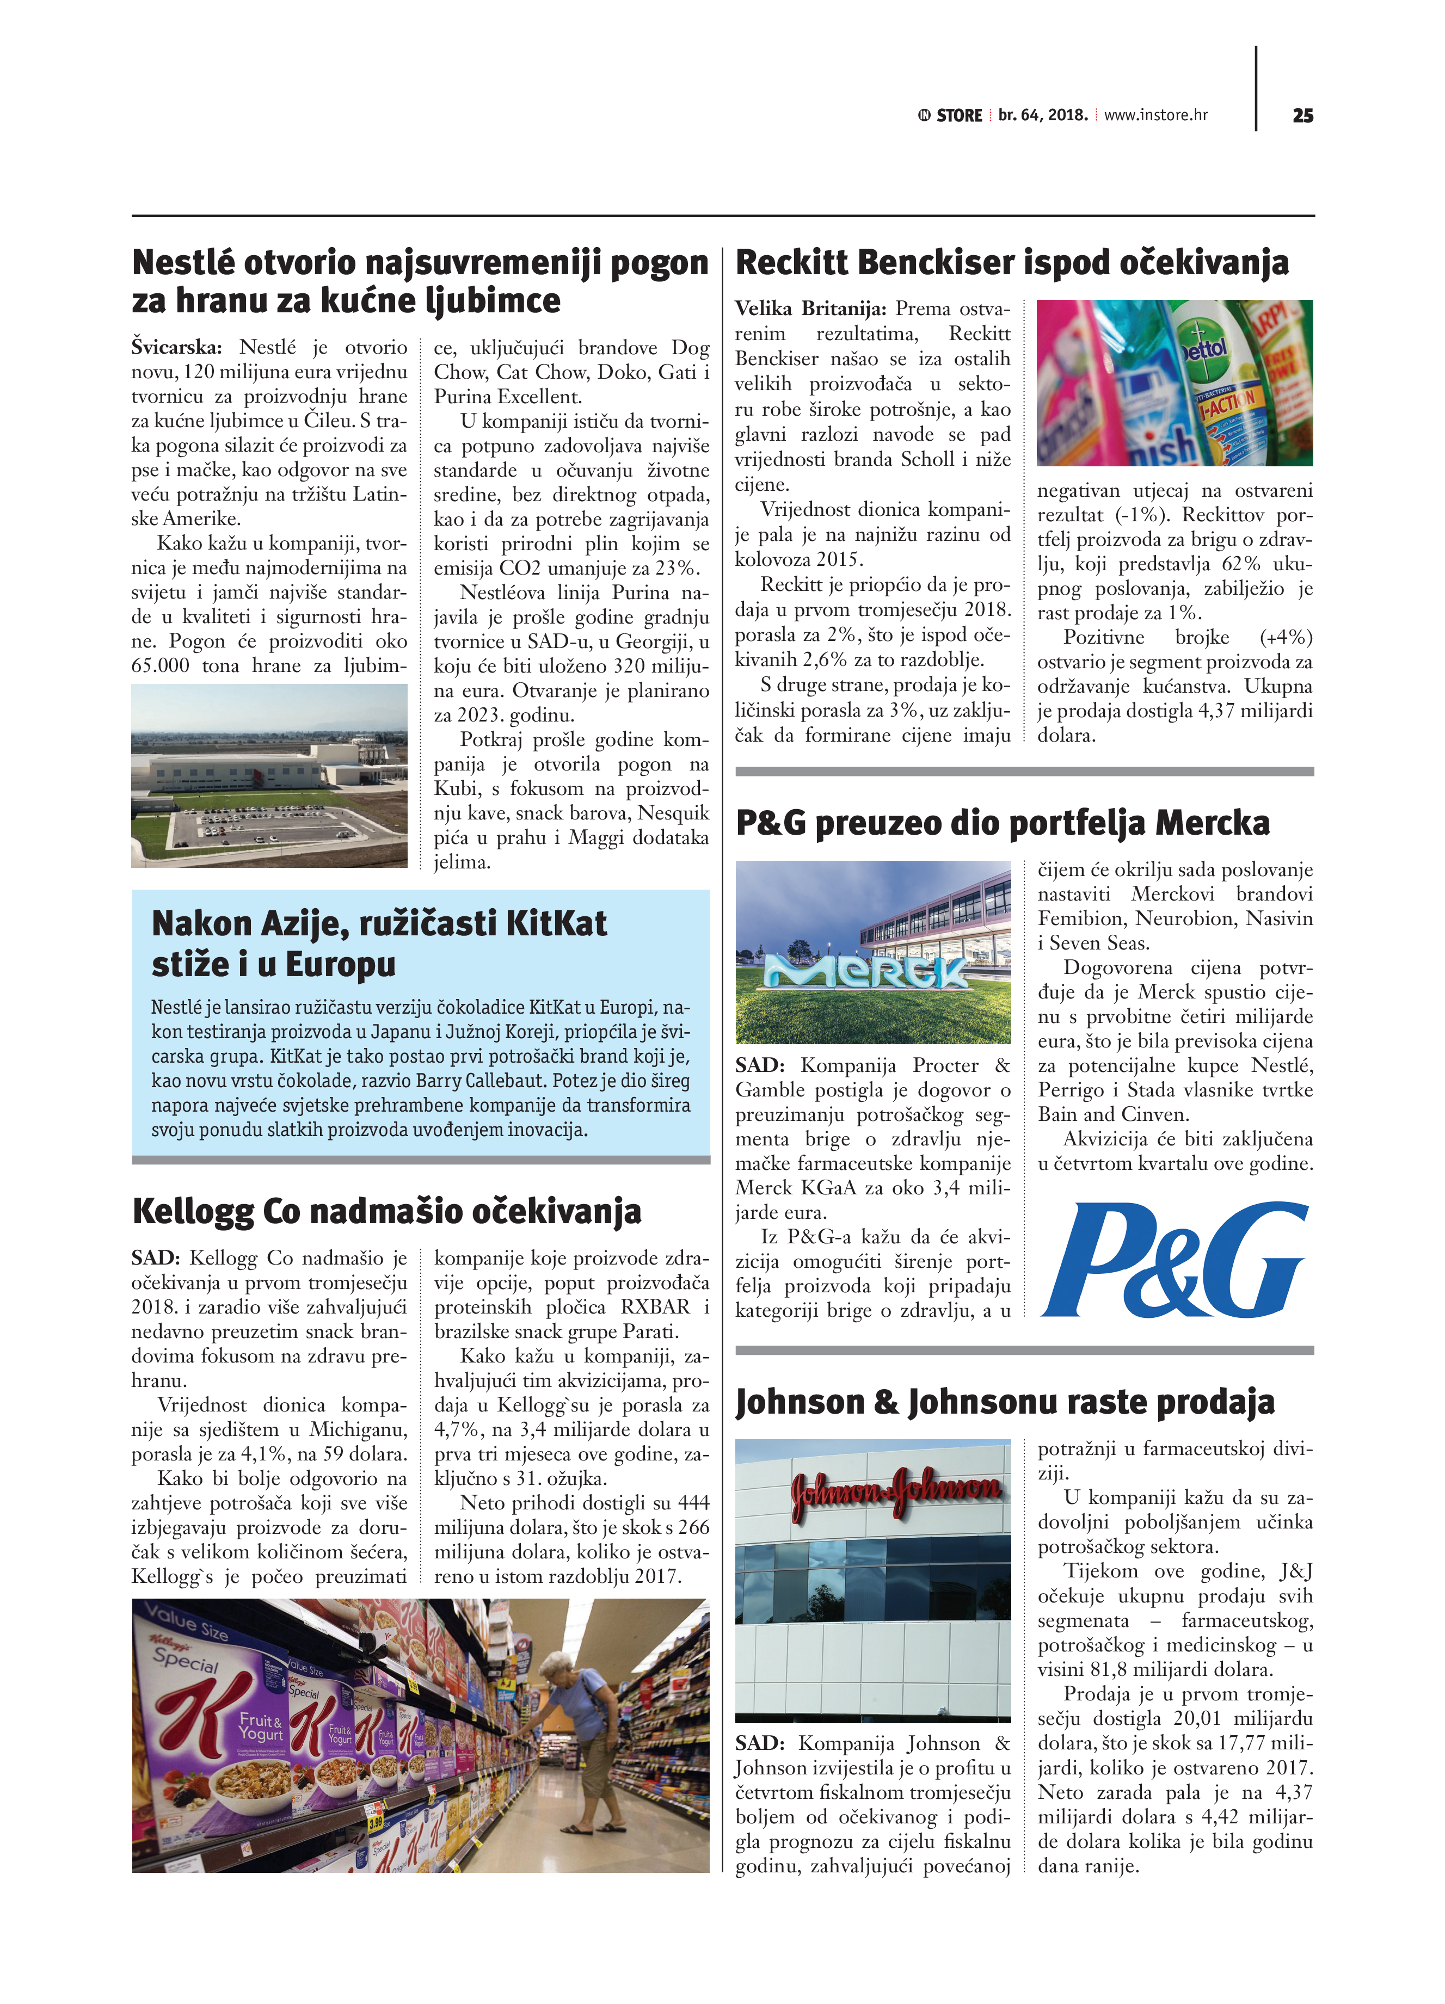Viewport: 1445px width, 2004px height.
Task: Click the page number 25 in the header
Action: tap(1302, 116)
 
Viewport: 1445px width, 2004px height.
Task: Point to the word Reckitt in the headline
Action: tap(791, 263)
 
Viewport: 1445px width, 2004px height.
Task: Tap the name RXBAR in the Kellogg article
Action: tap(655, 1307)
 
